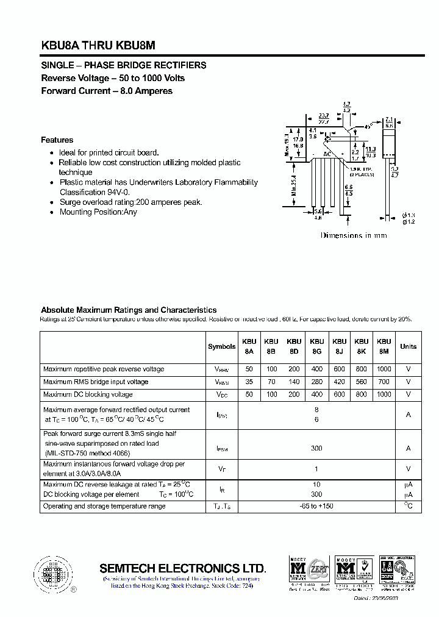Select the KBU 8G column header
pyautogui.click(x=316, y=346)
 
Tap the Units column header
pyautogui.click(x=408, y=346)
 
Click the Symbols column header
pyautogui.click(x=221, y=346)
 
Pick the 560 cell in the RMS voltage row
pyautogui.click(x=362, y=382)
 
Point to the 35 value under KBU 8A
pyautogui.click(x=249, y=382)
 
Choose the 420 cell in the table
pyautogui.click(x=339, y=382)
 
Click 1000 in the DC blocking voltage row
pyautogui.click(x=384, y=394)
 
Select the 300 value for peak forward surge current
pyautogui.click(x=316, y=448)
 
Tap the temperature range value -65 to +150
pyautogui.click(x=316, y=507)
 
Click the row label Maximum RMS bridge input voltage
pyautogui.click(x=96, y=382)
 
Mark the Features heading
pyautogui.click(x=57, y=140)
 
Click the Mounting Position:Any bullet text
pyautogui.click(x=98, y=212)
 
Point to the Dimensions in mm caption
pyautogui.click(x=354, y=235)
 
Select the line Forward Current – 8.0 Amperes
pyautogui.click(x=107, y=91)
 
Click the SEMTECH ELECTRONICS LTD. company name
pyautogui.click(x=183, y=568)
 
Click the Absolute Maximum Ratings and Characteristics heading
pyautogui.click(x=129, y=310)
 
